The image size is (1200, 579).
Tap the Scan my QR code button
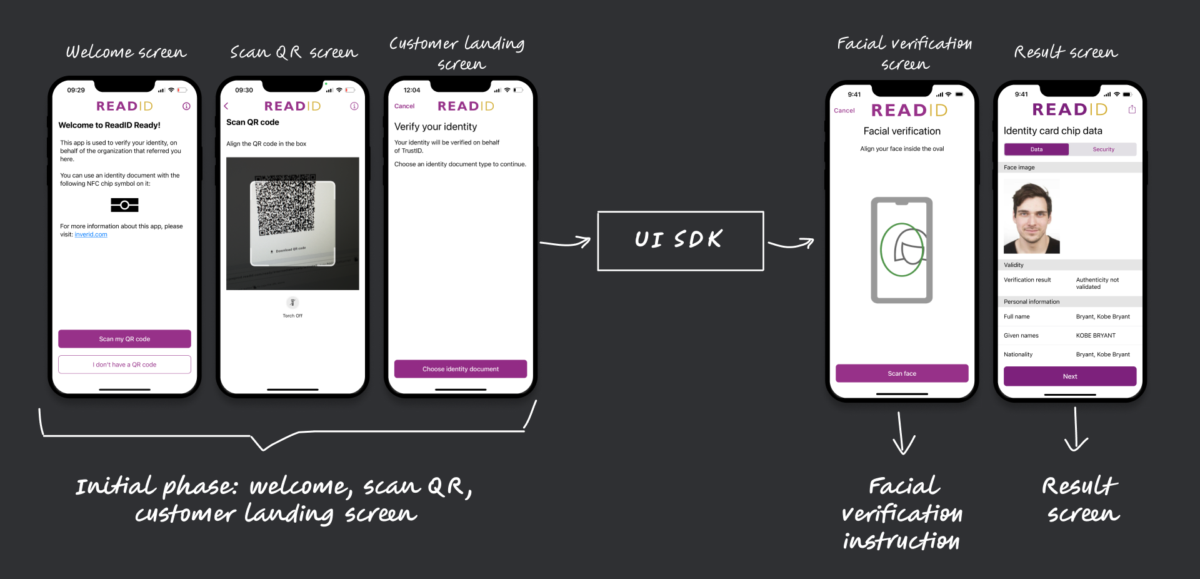124,339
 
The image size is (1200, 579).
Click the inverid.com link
91,235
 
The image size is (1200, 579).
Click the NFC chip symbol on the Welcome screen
124,205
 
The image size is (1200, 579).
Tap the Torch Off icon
292,303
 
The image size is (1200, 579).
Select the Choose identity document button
460,369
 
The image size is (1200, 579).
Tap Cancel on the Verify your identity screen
404,106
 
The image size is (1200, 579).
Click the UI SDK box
680,241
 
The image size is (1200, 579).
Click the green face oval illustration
902,249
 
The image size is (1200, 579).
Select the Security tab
1103,149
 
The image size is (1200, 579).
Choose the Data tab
1036,149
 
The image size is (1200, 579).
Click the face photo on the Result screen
1031,216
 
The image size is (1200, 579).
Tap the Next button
1069,376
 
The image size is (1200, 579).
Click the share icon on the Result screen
1132,109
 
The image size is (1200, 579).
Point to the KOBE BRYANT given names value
1096,336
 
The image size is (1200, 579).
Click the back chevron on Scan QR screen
226,106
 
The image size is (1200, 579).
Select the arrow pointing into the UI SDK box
565,243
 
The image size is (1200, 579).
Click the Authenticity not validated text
1097,283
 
